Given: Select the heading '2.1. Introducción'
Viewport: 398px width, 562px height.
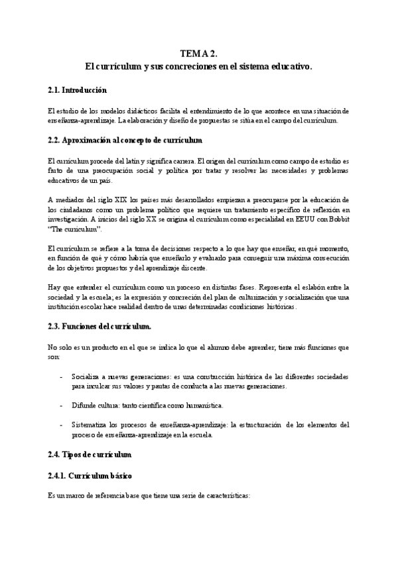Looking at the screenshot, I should (x=78, y=89).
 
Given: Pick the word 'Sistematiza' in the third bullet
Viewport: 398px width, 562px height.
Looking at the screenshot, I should (x=91, y=424).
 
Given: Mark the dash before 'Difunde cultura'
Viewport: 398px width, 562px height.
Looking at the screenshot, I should (x=62, y=405).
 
